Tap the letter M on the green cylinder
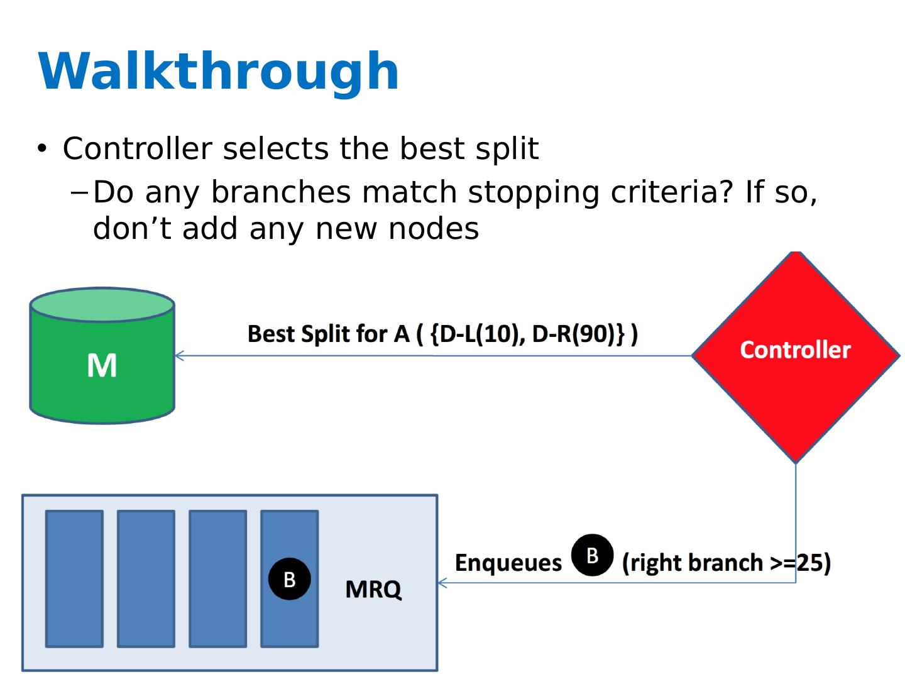pyautogui.click(x=102, y=365)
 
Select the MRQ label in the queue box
pyautogui.click(x=373, y=589)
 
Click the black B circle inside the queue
pyautogui.click(x=289, y=579)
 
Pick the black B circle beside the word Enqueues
pyautogui.click(x=592, y=555)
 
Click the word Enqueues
pyautogui.click(x=508, y=563)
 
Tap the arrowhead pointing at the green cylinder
pyautogui.click(x=178, y=356)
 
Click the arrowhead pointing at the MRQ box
pyautogui.click(x=442, y=583)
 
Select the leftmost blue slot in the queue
pyautogui.click(x=74, y=578)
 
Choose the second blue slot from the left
pyautogui.click(x=146, y=578)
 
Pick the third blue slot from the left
pyautogui.click(x=217, y=578)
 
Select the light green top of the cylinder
pyautogui.click(x=102, y=304)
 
